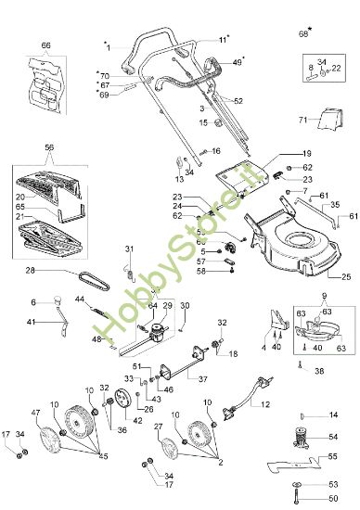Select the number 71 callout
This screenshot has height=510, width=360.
328,120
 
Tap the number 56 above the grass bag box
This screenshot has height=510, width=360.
49,147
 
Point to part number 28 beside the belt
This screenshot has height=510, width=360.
30,271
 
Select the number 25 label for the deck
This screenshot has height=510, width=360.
345,276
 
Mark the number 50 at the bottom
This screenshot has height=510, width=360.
333,499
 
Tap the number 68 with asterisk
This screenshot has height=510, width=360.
302,33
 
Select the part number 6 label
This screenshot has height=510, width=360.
33,302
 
